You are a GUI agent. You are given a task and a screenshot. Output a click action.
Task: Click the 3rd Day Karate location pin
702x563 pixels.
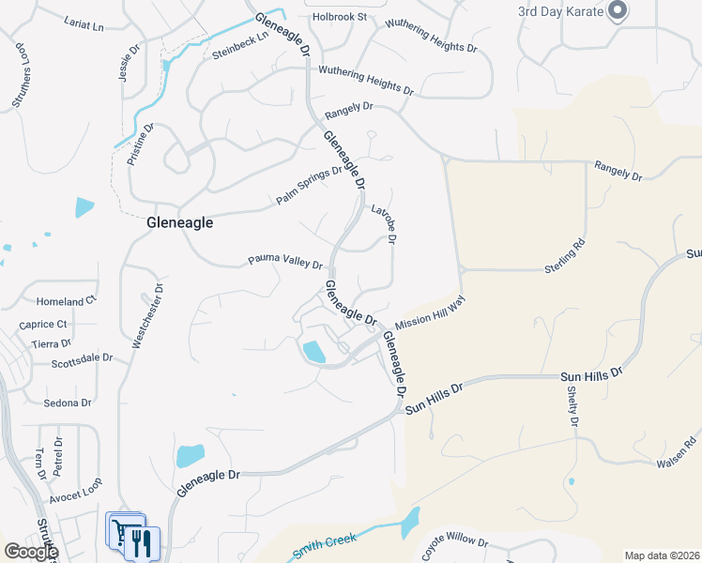click(617, 11)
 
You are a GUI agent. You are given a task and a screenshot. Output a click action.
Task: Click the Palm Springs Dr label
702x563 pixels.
click(310, 186)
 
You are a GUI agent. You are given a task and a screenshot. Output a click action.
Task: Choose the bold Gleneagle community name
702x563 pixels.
click(180, 223)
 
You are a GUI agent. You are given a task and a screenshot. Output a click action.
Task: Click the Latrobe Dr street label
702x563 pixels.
click(384, 224)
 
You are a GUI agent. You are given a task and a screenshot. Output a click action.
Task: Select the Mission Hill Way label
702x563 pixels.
click(430, 312)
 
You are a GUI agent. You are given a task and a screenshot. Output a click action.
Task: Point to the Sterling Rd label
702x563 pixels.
click(565, 259)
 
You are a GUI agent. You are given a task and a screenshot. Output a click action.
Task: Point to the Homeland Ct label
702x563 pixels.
click(67, 301)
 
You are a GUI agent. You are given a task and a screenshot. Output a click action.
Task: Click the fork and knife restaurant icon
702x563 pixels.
click(142, 543)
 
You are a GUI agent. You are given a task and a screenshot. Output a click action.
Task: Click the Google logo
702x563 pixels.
click(30, 552)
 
